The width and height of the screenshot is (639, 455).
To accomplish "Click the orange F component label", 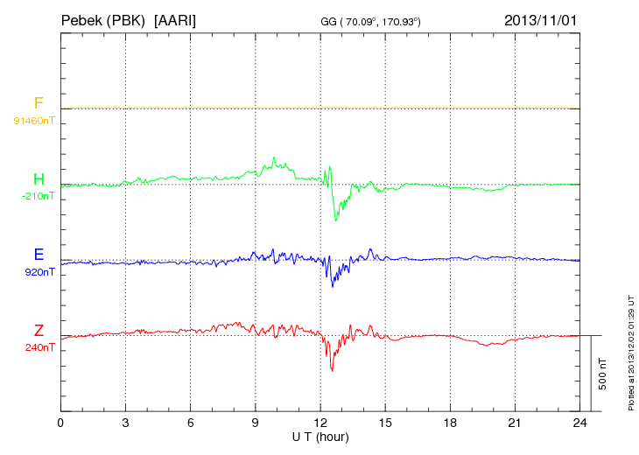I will pyautogui.click(x=39, y=103).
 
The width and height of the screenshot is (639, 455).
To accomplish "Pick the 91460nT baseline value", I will pyautogui.click(x=33, y=120).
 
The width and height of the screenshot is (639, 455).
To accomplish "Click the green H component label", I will pyautogui.click(x=39, y=179).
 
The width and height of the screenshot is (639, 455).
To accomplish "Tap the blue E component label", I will pyautogui.click(x=39, y=255).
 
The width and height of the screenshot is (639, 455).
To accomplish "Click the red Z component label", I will pyautogui.click(x=39, y=331).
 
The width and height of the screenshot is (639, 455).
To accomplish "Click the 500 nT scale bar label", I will pyautogui.click(x=602, y=374).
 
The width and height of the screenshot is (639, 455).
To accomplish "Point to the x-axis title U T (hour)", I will pyautogui.click(x=320, y=435).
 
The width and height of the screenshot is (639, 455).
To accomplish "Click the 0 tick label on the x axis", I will pyautogui.click(x=60, y=423).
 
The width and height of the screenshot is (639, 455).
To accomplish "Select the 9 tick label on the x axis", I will pyautogui.click(x=256, y=423).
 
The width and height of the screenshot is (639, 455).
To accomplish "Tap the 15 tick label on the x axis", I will pyautogui.click(x=385, y=423).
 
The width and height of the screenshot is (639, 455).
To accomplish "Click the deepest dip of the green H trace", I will pyautogui.click(x=335, y=220).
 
